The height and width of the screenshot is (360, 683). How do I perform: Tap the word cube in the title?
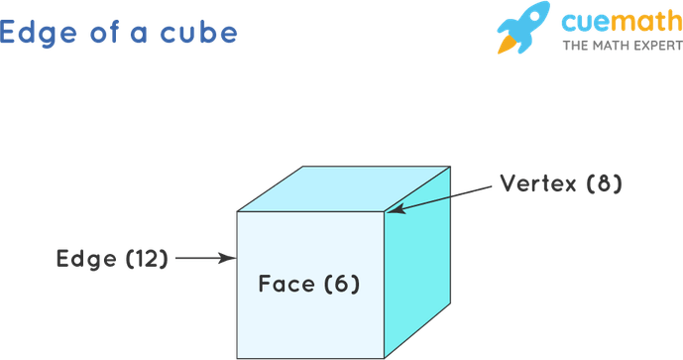[x=198, y=33]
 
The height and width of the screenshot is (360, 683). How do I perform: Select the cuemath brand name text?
[x=623, y=22]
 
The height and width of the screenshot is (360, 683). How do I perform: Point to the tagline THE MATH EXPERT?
[x=623, y=46]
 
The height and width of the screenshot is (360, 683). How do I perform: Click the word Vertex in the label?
[x=538, y=183]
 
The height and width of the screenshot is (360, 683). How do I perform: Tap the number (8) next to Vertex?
[x=604, y=183]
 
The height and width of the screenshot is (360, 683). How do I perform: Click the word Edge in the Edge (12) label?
[x=86, y=260]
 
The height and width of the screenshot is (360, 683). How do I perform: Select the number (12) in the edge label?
[x=147, y=259]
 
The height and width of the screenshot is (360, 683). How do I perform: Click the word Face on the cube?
[x=286, y=284]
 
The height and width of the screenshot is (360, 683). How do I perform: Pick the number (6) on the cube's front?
[x=342, y=285]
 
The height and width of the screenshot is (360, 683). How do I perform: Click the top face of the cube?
[x=344, y=188]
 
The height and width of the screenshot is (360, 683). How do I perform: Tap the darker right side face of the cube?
[x=417, y=262]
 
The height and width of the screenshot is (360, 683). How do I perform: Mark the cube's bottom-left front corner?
[x=237, y=358]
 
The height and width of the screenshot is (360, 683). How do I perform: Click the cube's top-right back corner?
[x=450, y=167]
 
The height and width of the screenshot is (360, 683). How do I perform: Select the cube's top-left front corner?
[x=237, y=212]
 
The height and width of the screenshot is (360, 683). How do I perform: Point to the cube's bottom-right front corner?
[x=384, y=358]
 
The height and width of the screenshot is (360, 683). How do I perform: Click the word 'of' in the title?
[x=104, y=32]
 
